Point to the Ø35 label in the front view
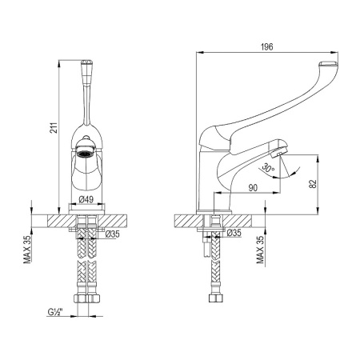pos(111,234)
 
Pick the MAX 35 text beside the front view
pos(28,250)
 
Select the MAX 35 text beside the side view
pos(260,250)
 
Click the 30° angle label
pos(266,169)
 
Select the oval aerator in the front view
pos(86,150)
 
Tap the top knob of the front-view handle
pos(86,68)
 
